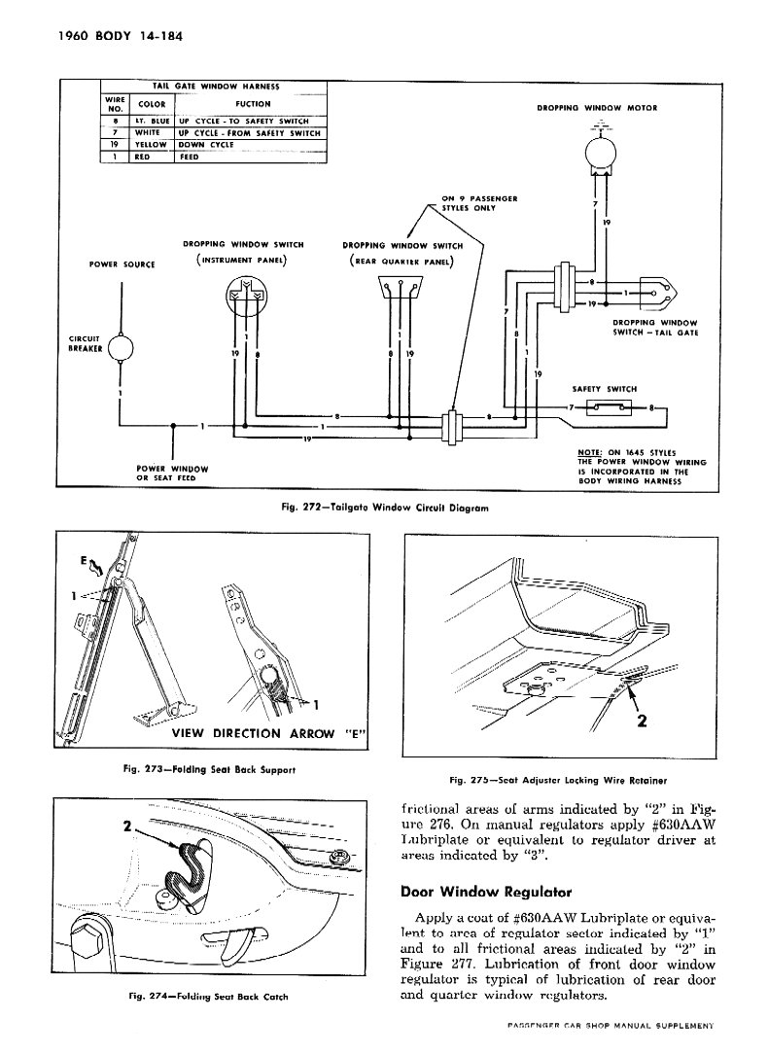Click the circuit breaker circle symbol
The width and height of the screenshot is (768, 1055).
click(x=122, y=345)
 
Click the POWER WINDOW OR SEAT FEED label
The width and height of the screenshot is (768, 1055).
click(x=173, y=473)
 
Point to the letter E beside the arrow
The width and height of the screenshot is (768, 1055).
click(x=86, y=561)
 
